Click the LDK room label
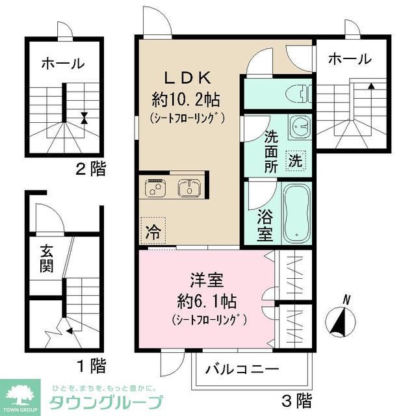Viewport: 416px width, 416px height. [187, 78]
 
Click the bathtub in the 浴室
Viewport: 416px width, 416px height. [297, 212]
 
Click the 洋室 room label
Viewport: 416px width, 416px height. [206, 282]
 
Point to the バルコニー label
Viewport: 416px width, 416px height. [242, 369]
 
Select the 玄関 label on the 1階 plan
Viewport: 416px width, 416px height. [45, 258]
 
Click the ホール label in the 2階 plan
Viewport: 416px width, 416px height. [62, 64]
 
